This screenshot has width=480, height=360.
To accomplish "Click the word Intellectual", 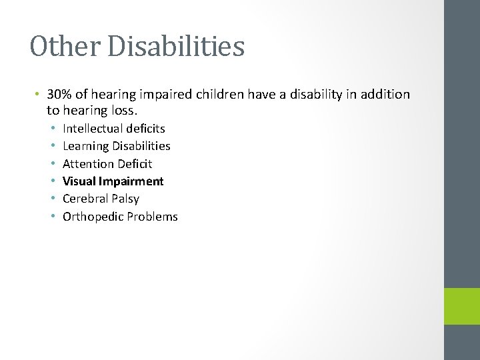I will [93, 128].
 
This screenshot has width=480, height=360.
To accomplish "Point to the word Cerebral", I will [85, 199].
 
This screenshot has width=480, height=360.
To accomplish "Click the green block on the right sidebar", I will [462, 307].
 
